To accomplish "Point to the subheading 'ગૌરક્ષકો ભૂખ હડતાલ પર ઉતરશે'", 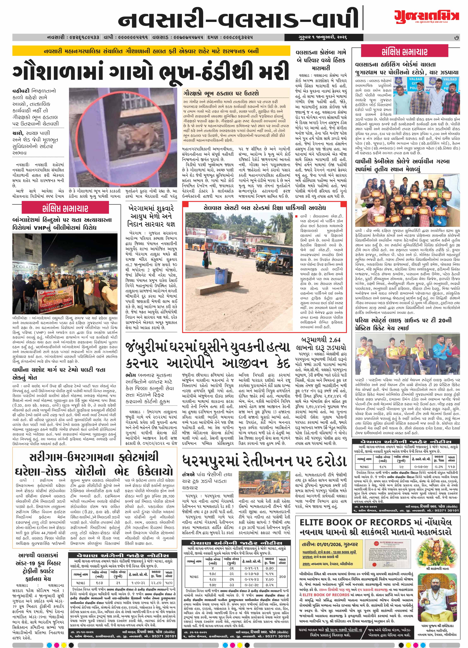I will (x=221, y=93).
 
